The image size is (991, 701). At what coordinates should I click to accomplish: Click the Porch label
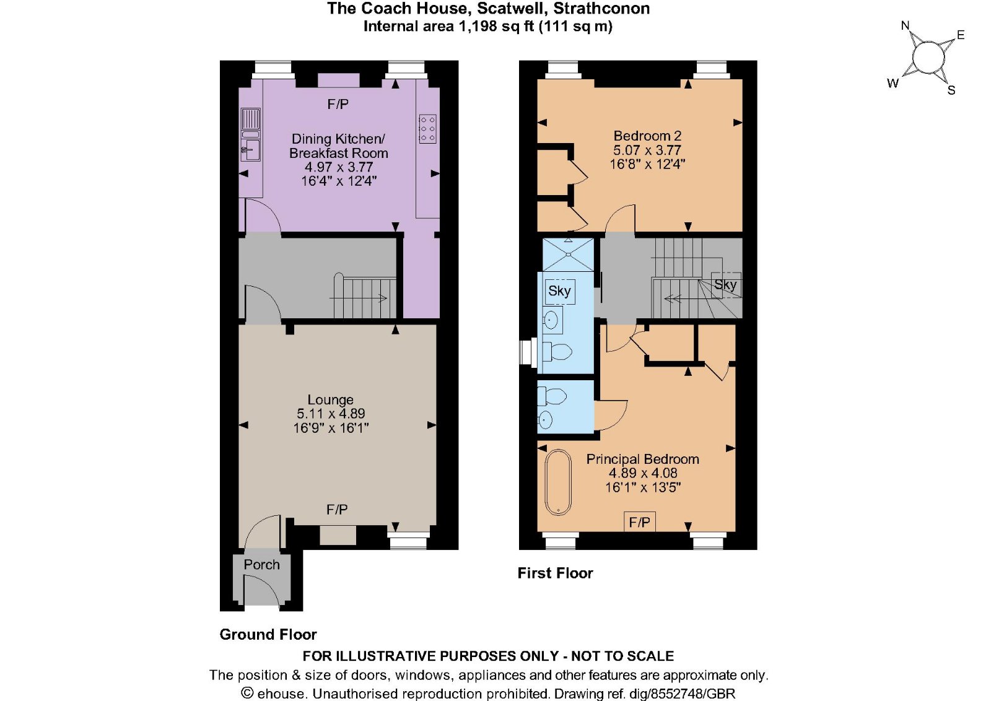point(261,565)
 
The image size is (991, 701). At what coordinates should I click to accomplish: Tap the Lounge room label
point(331,400)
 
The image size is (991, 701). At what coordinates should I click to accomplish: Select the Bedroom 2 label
point(647,136)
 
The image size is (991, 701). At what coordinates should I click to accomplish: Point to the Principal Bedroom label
point(643,459)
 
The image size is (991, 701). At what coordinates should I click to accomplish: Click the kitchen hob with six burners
point(427,129)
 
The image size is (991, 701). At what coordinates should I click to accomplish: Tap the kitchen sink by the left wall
point(250,135)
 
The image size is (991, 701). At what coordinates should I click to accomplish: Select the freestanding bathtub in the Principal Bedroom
point(558,482)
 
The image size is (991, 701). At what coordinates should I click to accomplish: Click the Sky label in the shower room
point(560,291)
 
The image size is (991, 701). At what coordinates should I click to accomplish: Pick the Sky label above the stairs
point(725,285)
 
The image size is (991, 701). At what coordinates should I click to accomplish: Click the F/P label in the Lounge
point(337,510)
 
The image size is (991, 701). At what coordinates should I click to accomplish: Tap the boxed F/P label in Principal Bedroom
point(640,523)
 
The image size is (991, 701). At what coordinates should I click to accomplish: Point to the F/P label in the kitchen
point(338,105)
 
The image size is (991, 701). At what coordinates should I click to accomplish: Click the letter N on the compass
point(905,26)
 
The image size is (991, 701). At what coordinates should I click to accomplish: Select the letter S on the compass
point(951,90)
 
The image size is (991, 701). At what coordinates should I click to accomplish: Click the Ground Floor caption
point(268,635)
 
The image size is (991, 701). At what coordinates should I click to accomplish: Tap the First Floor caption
point(555,573)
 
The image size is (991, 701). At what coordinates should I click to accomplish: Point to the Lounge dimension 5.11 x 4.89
point(331,414)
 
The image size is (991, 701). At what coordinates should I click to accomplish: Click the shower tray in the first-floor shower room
point(569,255)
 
